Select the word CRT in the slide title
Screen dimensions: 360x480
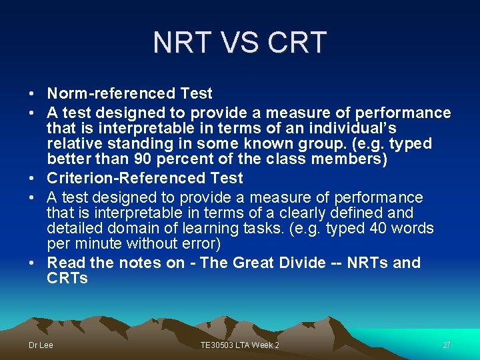(297, 43)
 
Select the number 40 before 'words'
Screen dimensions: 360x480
(354, 229)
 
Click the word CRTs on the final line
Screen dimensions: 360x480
(67, 279)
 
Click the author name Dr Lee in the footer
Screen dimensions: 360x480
(41, 345)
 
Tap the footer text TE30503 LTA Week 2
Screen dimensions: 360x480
(240, 345)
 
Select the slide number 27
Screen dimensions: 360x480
(447, 345)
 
